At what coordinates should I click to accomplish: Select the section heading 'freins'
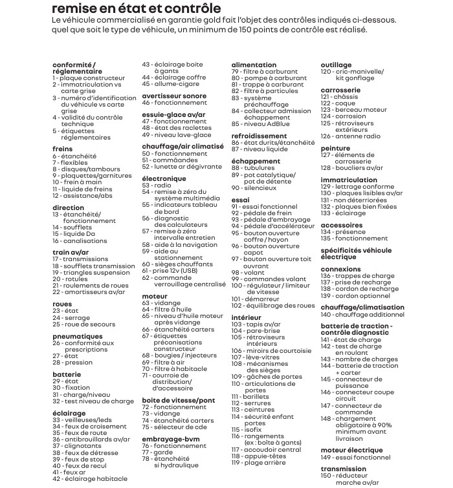pyautogui.click(x=63, y=149)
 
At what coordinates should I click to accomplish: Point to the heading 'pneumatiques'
pyautogui.click(x=77, y=336)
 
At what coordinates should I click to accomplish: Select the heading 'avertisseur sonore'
pyautogui.click(x=174, y=96)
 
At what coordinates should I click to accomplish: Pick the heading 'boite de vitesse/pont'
pyautogui.click(x=178, y=401)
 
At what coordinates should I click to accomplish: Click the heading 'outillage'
pyautogui.click(x=336, y=65)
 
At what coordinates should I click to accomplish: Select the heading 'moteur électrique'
pyautogui.click(x=351, y=449)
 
